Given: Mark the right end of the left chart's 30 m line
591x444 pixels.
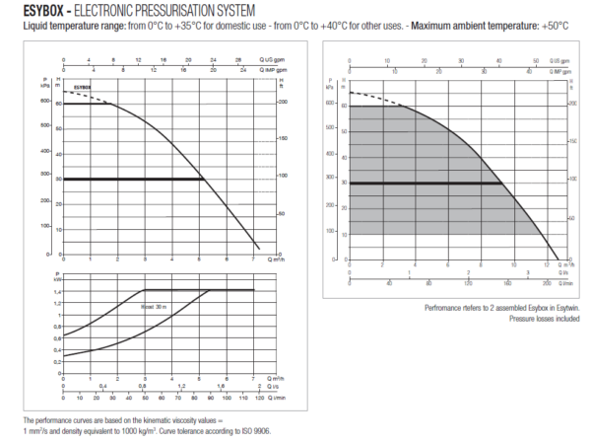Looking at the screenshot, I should (203, 179).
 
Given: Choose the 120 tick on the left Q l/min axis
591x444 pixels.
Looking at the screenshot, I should (259, 401).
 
